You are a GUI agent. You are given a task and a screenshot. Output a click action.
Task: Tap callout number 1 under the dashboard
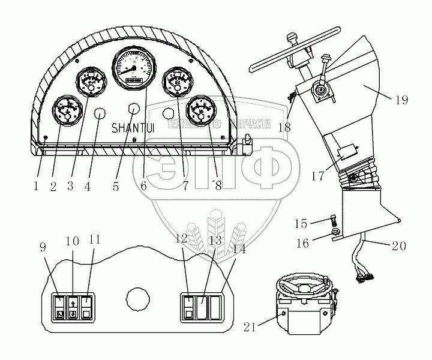[36, 186]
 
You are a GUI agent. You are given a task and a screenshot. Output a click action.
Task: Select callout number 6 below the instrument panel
[143, 186]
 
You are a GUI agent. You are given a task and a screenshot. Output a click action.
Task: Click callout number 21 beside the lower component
[249, 326]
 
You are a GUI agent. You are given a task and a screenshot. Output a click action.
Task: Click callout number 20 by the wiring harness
[416, 245]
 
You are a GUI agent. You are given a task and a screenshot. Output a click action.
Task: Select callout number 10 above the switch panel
[72, 241]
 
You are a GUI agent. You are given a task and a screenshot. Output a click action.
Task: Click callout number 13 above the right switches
[215, 241]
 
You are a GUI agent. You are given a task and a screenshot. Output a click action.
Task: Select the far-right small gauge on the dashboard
[199, 112]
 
